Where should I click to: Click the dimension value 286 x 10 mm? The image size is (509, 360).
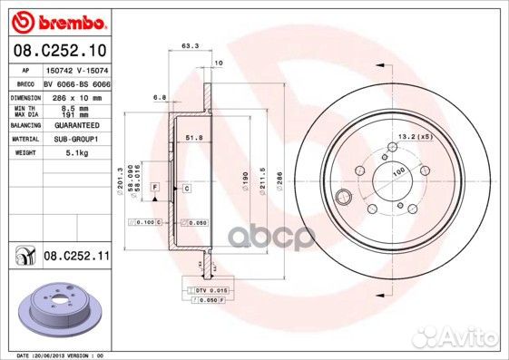[x=76, y=96]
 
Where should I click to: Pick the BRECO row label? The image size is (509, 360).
[x=27, y=83]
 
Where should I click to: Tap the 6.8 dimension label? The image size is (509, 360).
[x=160, y=96]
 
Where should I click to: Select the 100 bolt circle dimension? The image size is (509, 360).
[x=396, y=170]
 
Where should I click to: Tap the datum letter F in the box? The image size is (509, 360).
[x=156, y=187]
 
